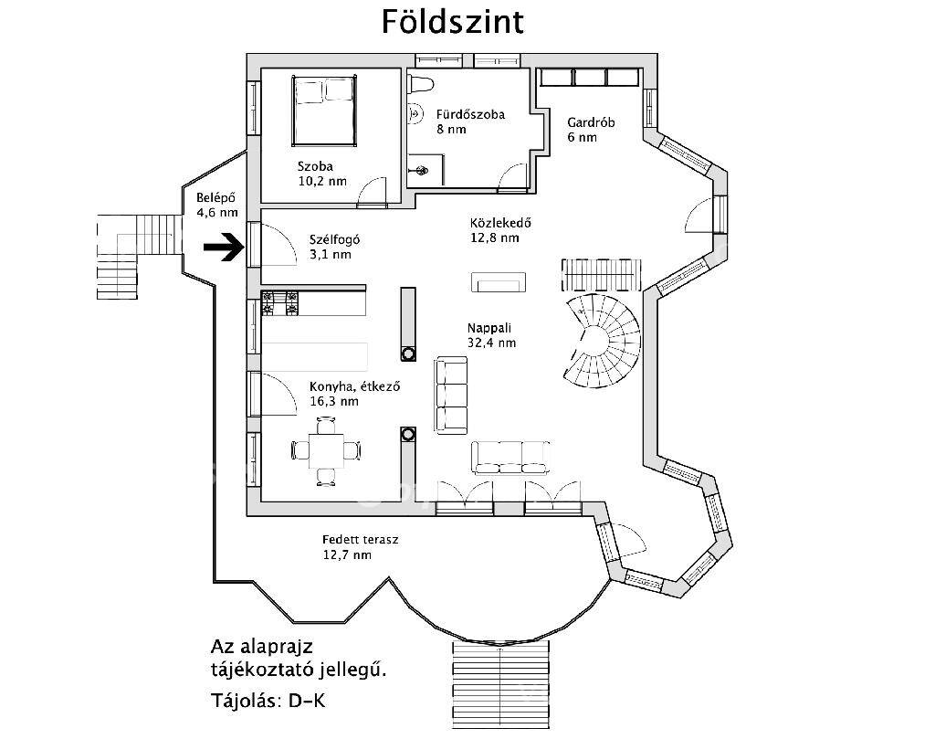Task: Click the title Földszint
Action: (x=453, y=22)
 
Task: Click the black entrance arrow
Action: (x=224, y=248)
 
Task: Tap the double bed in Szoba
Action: (x=324, y=111)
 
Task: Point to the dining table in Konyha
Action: (x=326, y=451)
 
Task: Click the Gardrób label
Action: (x=591, y=123)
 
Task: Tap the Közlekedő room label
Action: (x=500, y=224)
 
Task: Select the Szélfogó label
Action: (x=334, y=239)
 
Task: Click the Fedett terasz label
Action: (x=360, y=540)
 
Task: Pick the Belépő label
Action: (x=215, y=198)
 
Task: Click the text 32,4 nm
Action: (x=492, y=343)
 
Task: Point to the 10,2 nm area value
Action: (x=322, y=181)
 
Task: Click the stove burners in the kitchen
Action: (x=279, y=303)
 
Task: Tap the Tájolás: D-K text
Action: (x=268, y=701)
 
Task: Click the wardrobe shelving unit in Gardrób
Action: (x=589, y=78)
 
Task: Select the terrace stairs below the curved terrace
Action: (x=500, y=685)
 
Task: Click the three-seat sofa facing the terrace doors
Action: (x=510, y=458)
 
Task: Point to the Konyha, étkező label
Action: (x=354, y=386)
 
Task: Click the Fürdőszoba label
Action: (x=470, y=114)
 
